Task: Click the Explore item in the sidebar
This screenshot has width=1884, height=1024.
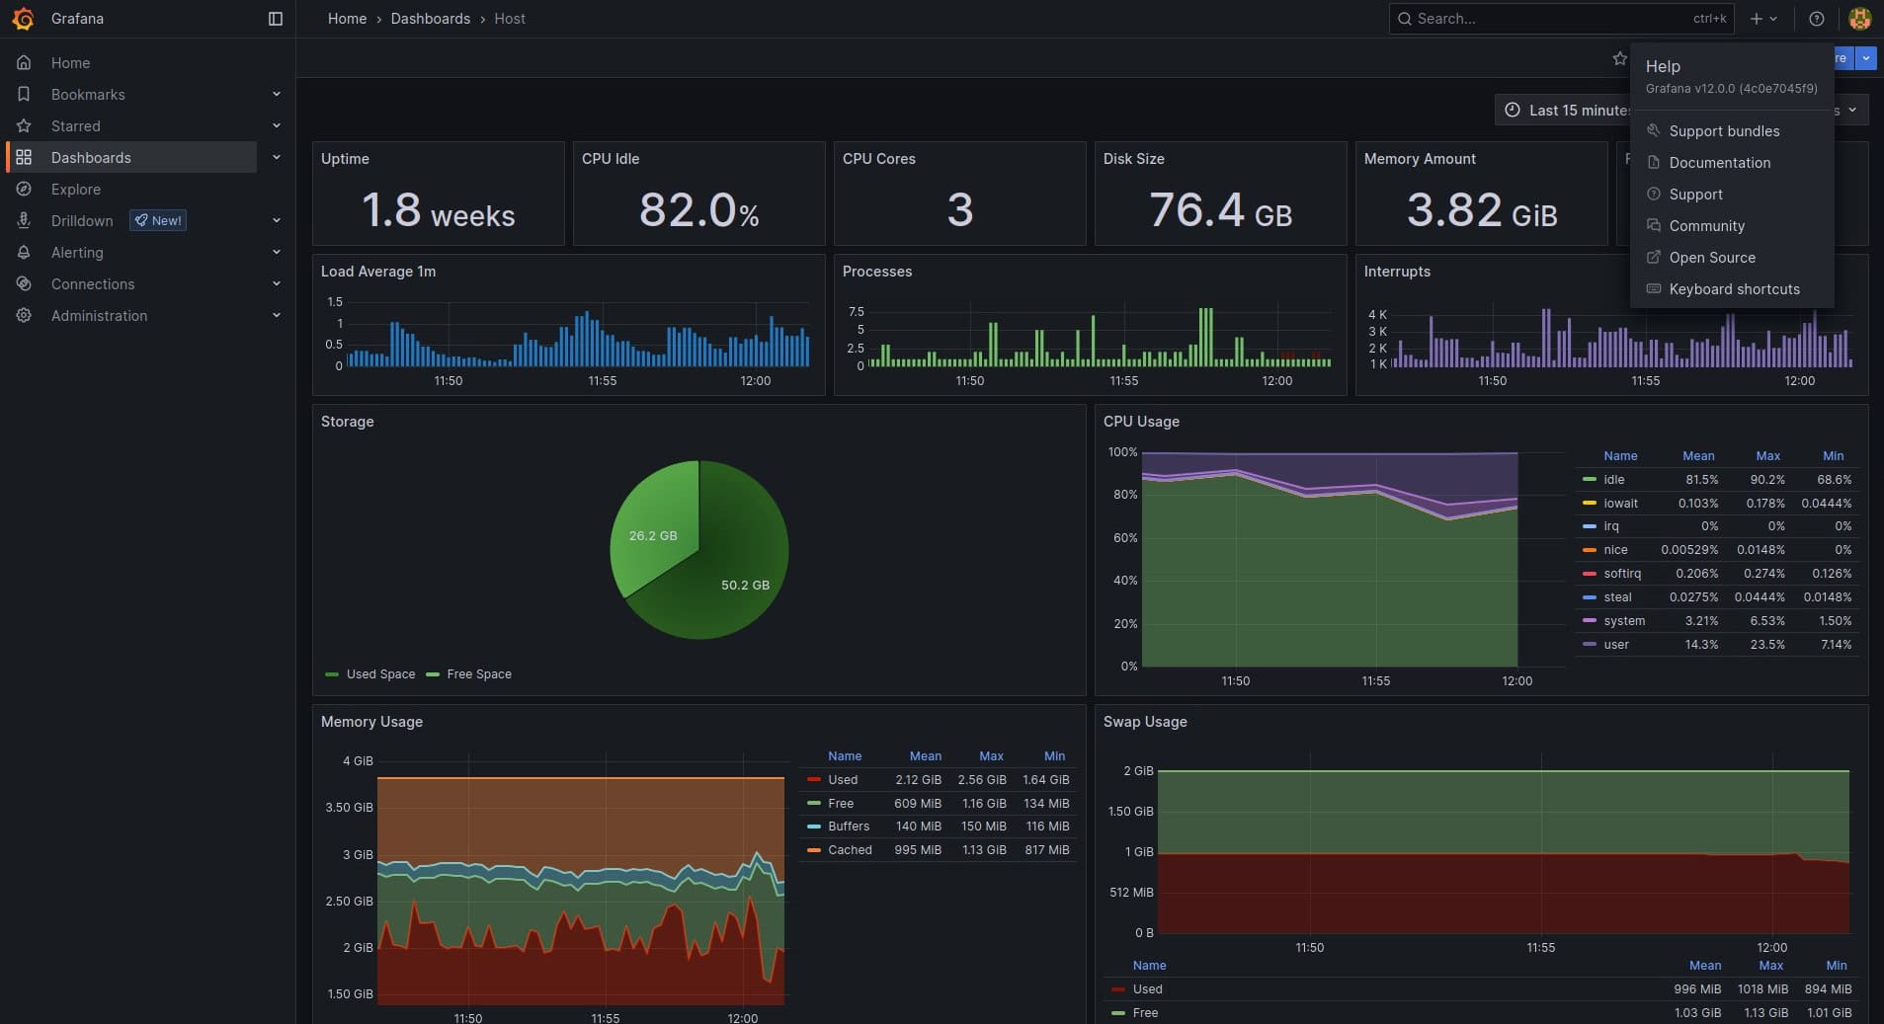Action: [76, 189]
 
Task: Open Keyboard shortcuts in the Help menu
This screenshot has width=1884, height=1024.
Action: [1734, 289]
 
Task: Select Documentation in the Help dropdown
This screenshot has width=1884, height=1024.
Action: [1719, 163]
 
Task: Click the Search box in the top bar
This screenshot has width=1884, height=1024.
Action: [1551, 19]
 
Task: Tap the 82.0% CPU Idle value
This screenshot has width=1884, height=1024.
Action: [698, 209]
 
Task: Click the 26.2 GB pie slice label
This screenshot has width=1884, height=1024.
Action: [653, 536]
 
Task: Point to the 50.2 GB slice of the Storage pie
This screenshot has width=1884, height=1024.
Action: [744, 585]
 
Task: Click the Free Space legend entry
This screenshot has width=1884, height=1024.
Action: [478, 674]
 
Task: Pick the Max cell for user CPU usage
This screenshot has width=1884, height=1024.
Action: [1767, 645]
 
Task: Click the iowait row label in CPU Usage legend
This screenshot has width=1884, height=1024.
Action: [1620, 504]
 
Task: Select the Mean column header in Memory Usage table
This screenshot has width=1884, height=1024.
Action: [925, 756]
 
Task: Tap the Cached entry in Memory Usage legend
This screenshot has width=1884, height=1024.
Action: [850, 850]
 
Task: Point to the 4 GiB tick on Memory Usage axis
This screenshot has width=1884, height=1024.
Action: [358, 761]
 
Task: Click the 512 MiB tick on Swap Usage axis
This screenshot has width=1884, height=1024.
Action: [1131, 893]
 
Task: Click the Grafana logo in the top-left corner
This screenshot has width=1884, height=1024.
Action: [23, 19]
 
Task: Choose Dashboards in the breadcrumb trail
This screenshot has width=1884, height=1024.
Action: [430, 19]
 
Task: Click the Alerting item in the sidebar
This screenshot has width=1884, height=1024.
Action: [77, 253]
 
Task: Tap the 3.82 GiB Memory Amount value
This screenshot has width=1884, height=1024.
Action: [1481, 209]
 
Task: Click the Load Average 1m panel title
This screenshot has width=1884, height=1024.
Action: [378, 272]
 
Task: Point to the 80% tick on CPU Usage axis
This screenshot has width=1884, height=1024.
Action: [1125, 495]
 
